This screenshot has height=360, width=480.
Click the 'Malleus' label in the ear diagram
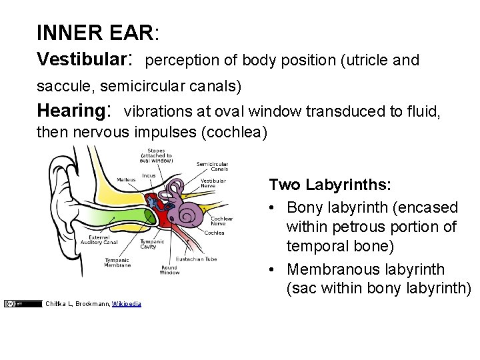tap(125, 180)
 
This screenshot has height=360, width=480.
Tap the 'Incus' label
tap(149, 176)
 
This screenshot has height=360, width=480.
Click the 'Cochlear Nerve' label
tap(221, 221)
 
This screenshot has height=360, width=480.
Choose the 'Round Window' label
tap(169, 270)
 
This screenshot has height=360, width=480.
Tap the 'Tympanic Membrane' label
tap(118, 263)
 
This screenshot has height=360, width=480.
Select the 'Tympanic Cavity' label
tap(147, 244)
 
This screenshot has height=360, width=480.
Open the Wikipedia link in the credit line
tap(127, 304)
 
